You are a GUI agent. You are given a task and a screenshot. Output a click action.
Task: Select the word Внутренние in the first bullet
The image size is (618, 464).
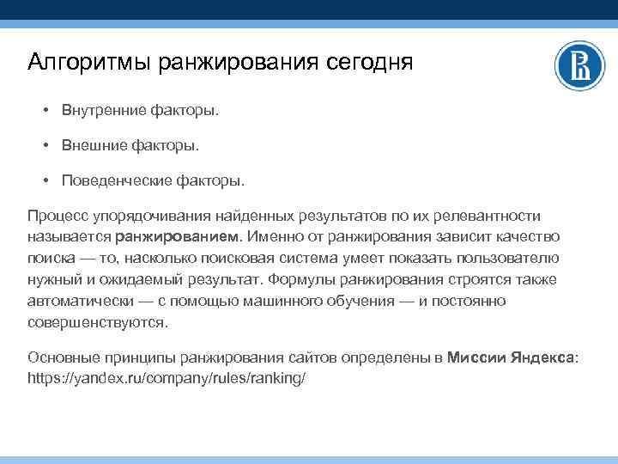pos(101,111)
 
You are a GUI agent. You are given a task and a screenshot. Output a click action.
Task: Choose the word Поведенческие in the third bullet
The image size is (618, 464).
pos(113,181)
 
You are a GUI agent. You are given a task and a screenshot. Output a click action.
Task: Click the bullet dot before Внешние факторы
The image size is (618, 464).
pos(45,146)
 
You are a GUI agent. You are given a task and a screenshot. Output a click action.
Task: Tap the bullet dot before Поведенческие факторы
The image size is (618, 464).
pos(45,181)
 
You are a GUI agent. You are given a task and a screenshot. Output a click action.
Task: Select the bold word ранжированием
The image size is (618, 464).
pos(180,236)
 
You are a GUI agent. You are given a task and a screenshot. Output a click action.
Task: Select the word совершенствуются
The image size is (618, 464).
pos(98,322)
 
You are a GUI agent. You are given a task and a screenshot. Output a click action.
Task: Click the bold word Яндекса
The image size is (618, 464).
pos(539,357)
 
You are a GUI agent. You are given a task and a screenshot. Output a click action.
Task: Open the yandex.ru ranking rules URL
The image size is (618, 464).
pos(167,378)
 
